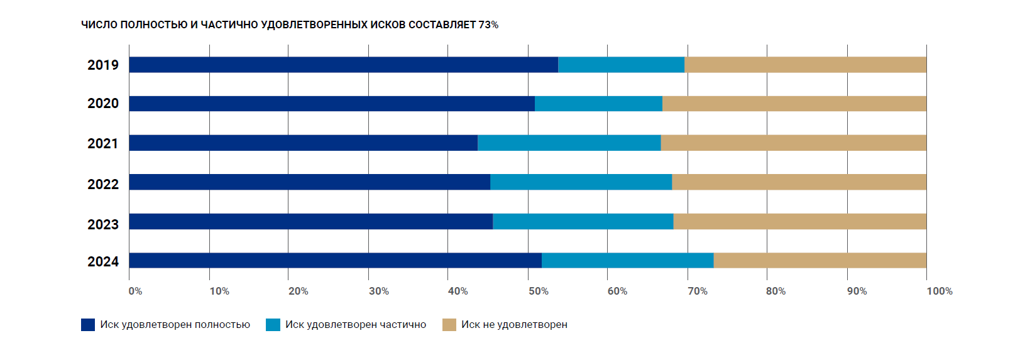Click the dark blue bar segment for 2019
(x=343, y=65)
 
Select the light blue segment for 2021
(x=569, y=143)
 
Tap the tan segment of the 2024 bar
(x=820, y=260)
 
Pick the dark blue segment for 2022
(x=309, y=182)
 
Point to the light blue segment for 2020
(x=598, y=104)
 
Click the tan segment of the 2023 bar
(x=799, y=221)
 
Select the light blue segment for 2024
(x=627, y=260)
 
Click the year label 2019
(x=103, y=65)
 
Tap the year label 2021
(x=103, y=143)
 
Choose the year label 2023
(x=103, y=224)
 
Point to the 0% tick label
(x=135, y=291)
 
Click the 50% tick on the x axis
(x=538, y=291)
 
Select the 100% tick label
(x=939, y=291)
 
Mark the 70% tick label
(x=697, y=291)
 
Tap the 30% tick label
(x=378, y=291)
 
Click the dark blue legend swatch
(x=88, y=325)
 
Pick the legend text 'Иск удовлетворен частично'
(x=355, y=325)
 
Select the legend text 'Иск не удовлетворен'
(x=514, y=325)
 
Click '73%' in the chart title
(x=488, y=25)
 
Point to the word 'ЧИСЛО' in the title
(x=99, y=25)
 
